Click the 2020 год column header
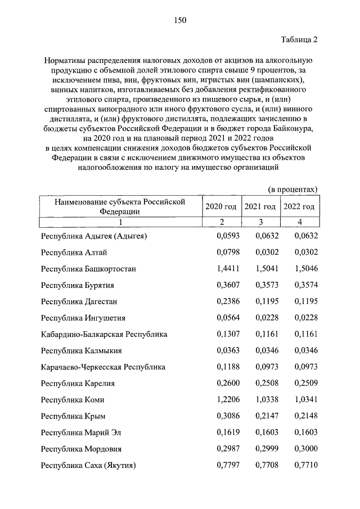click(221, 207)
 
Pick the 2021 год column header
click(260, 207)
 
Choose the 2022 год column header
click(299, 207)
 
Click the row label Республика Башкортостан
click(88, 269)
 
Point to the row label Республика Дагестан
click(79, 301)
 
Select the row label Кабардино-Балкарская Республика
click(104, 334)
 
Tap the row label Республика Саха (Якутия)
click(89, 465)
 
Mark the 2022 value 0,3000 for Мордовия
click(307, 449)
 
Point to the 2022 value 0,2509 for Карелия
click(307, 384)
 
